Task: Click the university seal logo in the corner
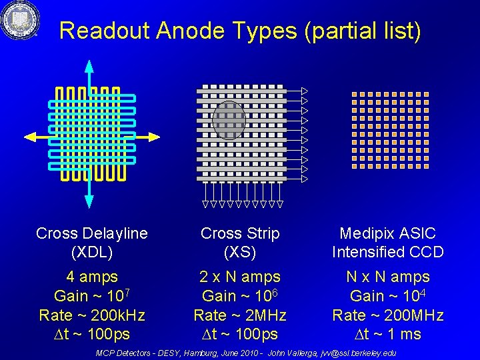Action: pyautogui.click(x=19, y=20)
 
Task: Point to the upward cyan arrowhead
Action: pyautogui.click(x=89, y=66)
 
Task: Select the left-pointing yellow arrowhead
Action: pyautogui.click(x=30, y=137)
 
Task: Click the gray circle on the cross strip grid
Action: pyautogui.click(x=229, y=120)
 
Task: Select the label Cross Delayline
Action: pyautogui.click(x=92, y=233)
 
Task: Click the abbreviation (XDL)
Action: pyautogui.click(x=92, y=252)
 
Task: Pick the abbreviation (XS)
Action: pyautogui.click(x=240, y=252)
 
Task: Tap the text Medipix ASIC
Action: pyautogui.click(x=387, y=233)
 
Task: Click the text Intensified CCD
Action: pyautogui.click(x=387, y=252)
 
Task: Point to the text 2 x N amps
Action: pyautogui.click(x=240, y=277)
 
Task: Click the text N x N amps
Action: pyautogui.click(x=387, y=277)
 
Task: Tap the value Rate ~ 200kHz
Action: pyautogui.click(x=92, y=315)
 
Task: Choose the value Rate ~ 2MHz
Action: pyautogui.click(x=240, y=315)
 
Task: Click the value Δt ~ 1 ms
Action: pyautogui.click(x=387, y=333)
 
